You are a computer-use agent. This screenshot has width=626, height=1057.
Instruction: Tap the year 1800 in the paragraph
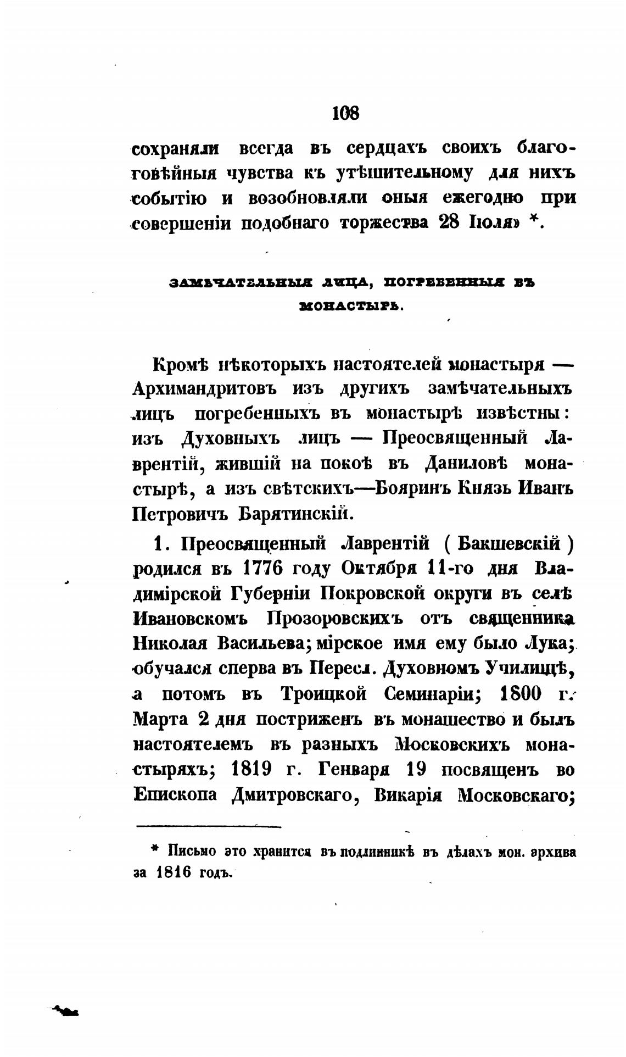tap(521, 694)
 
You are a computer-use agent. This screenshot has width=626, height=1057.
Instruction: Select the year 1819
tap(252, 770)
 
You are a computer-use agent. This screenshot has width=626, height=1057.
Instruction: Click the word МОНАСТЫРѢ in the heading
tap(351, 307)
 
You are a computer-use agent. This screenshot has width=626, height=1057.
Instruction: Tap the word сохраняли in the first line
tap(176, 149)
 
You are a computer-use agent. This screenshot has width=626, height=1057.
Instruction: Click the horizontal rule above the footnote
tap(209, 826)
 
